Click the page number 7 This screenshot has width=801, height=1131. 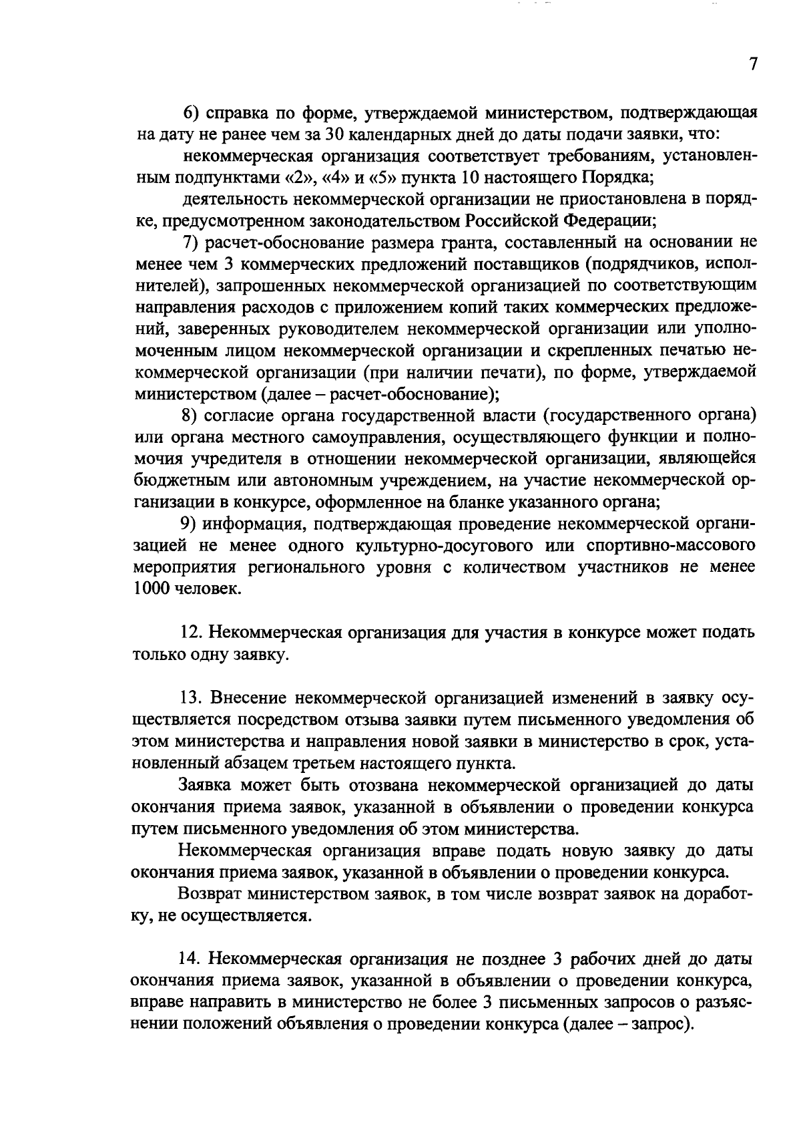(753, 65)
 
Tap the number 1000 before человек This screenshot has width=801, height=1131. (152, 589)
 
